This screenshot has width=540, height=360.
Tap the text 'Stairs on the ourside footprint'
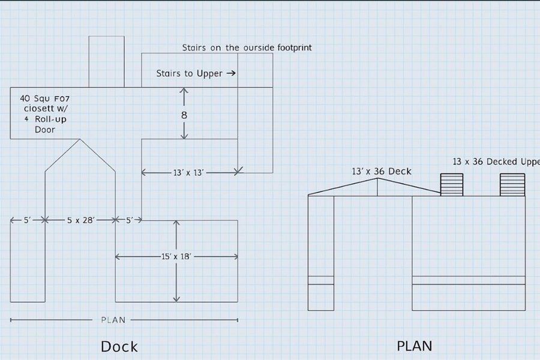click(x=247, y=47)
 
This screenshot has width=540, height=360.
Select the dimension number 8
click(x=184, y=115)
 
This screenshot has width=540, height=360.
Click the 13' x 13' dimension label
click(x=189, y=173)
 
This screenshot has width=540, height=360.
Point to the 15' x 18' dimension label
click(x=176, y=257)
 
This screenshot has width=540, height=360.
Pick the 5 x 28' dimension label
click(x=80, y=221)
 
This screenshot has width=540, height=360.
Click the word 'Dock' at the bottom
click(x=119, y=347)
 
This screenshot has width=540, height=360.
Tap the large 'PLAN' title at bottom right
click(x=414, y=346)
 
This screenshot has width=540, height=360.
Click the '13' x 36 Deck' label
click(x=382, y=172)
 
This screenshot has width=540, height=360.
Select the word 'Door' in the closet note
click(x=46, y=130)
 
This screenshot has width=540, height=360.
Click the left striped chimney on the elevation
click(x=452, y=184)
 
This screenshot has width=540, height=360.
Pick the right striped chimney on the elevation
click(x=512, y=184)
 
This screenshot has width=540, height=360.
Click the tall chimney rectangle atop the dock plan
click(x=106, y=61)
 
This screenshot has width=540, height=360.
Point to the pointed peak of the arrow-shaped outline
click(x=80, y=140)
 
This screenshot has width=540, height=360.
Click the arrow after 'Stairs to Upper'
click(x=229, y=74)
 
